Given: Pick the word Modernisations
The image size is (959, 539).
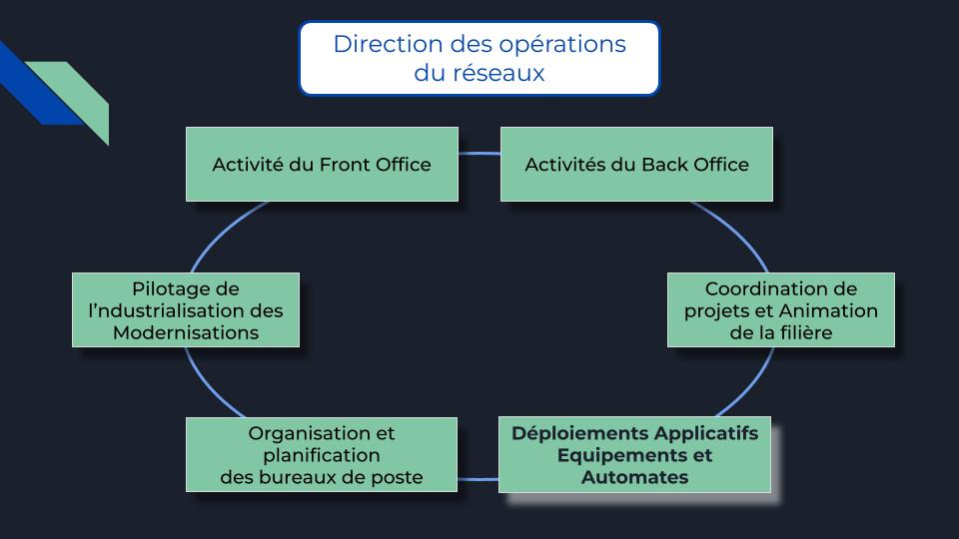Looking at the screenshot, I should click(186, 332).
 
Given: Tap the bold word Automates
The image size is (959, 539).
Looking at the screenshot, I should click(635, 477).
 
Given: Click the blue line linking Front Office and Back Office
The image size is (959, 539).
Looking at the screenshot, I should click(479, 154).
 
